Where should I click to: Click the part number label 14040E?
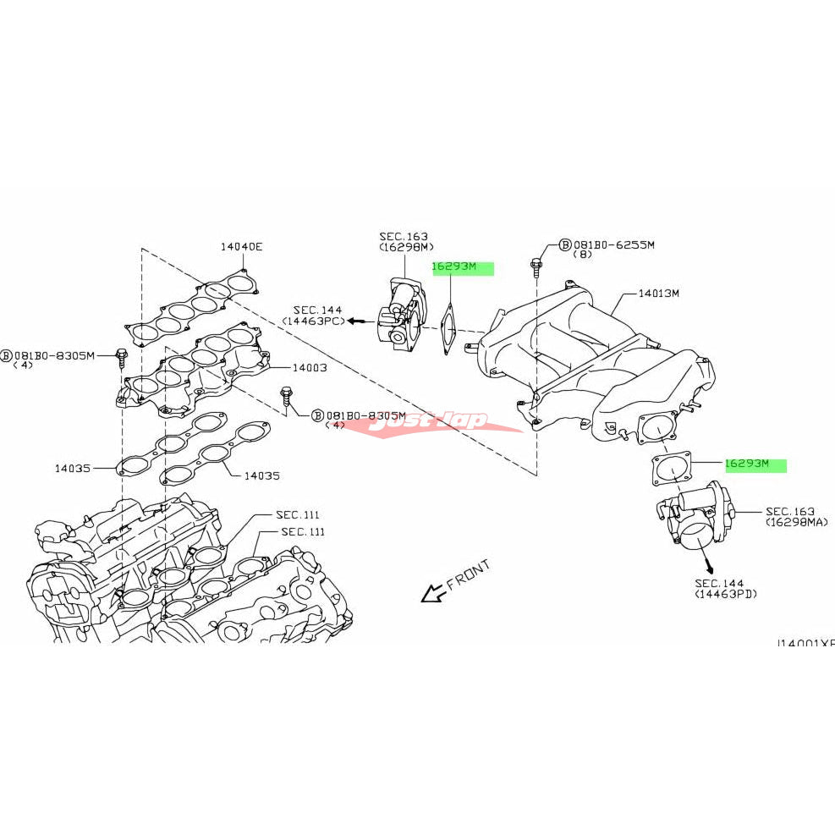241,247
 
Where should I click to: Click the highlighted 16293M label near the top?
455,267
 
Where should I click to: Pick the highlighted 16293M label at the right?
747,464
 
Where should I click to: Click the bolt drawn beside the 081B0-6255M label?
536,266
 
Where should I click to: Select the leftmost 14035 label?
74,467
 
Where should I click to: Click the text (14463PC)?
316,322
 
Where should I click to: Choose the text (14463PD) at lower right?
726,595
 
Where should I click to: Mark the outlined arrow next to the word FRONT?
432,594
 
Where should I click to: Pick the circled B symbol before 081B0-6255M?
565,245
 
